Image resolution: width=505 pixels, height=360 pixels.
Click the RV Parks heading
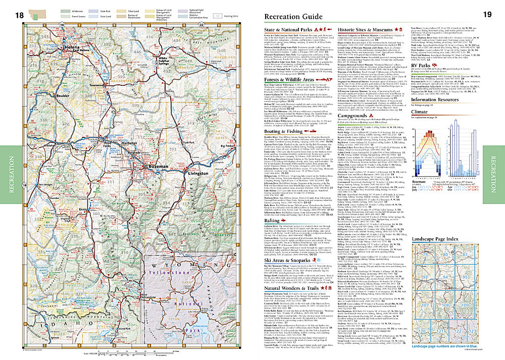tap(425, 64)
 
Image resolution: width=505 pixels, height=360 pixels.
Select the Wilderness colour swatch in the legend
tap(65, 10)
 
